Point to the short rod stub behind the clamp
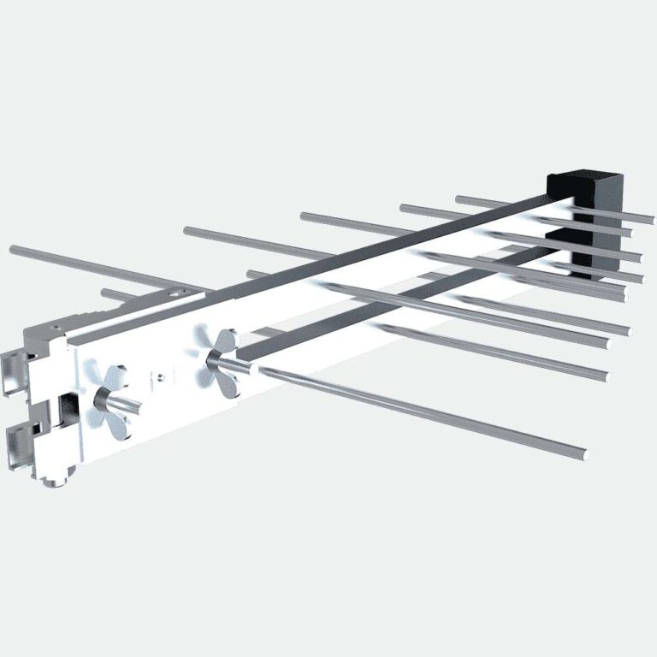click(x=107, y=293)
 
